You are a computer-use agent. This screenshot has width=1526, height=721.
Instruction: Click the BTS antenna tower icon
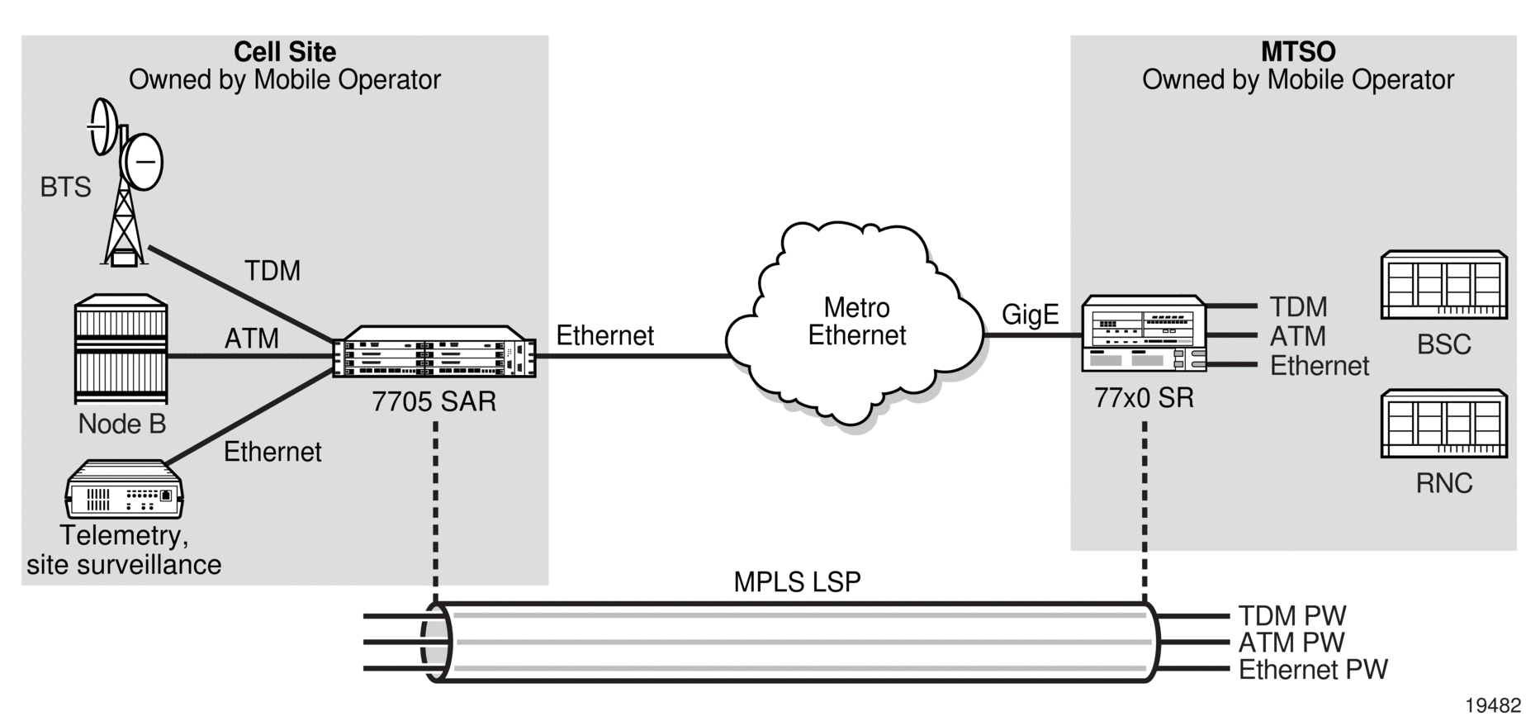pos(126,182)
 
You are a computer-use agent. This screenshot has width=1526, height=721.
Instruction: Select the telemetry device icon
pos(125,489)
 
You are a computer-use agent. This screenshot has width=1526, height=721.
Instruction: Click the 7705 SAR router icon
pos(434,352)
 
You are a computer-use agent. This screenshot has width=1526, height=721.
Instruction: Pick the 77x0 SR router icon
pos(1144,334)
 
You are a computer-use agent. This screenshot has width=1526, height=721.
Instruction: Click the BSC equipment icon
pos(1443,285)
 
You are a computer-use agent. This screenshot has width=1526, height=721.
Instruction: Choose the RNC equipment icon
pos(1443,424)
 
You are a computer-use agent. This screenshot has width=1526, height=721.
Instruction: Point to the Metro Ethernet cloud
pos(855,324)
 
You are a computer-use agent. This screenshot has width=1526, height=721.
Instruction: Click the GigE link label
pos(1030,315)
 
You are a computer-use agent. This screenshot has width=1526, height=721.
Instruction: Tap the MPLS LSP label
pos(797,581)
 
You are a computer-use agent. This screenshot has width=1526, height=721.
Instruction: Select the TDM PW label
pos(1292,616)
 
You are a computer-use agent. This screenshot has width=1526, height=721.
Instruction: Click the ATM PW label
pos(1291,643)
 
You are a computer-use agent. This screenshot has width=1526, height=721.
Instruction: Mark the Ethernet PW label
pos(1313,669)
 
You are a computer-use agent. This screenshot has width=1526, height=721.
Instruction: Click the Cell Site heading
pos(285,52)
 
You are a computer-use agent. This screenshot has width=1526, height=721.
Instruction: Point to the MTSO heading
pos(1298,52)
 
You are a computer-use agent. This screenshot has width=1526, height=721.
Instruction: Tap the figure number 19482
pos(1493,705)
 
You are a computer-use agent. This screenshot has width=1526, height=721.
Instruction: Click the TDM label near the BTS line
pos(272,271)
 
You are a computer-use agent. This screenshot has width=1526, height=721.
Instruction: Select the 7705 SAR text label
pos(434,401)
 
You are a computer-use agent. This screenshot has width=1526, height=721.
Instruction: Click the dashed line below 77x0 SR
pos(1144,512)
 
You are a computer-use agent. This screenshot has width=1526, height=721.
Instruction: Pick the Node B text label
pos(122,424)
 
